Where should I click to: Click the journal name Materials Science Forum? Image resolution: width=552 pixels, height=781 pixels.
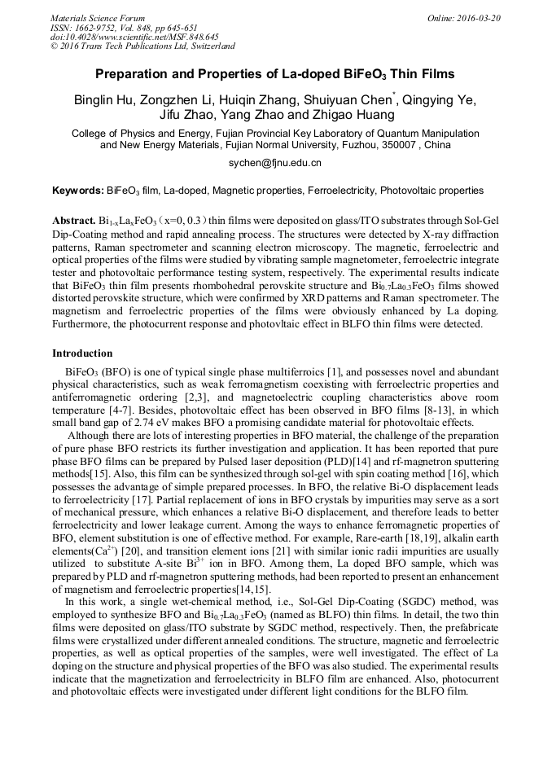pyautogui.click(x=98, y=18)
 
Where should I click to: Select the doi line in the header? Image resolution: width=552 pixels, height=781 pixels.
pyautogui.click(x=134, y=37)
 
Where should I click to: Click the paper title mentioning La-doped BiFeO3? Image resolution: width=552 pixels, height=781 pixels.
pyautogui.click(x=275, y=74)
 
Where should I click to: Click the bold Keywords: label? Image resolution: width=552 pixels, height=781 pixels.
pyautogui.click(x=77, y=191)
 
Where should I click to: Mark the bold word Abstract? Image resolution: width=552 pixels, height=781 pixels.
pyautogui.click(x=74, y=222)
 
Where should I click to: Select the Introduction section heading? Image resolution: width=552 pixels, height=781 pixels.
pyautogui.click(x=82, y=353)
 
